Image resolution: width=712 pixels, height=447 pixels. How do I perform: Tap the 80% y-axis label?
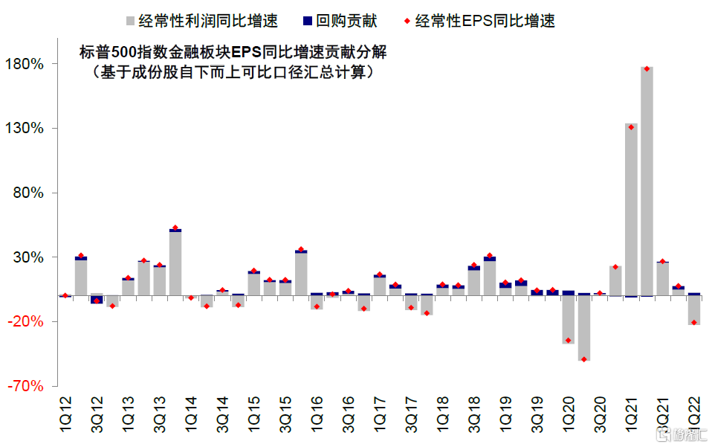coord(32,193)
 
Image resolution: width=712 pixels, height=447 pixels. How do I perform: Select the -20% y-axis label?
coord(30,322)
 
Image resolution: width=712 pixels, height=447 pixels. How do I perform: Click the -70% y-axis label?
coord(30,387)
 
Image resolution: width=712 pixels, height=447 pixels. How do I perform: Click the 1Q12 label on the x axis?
coord(65,414)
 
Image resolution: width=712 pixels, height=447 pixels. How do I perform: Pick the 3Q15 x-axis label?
coord(285,414)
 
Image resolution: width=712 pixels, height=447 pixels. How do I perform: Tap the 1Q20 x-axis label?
coord(569,414)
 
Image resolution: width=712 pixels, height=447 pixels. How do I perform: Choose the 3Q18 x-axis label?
coord(474,414)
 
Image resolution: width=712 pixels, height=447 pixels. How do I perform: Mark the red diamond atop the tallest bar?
coord(647,69)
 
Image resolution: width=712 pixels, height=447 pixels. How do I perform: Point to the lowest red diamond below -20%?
coord(584,359)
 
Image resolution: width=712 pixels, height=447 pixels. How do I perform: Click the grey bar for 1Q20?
coord(569,320)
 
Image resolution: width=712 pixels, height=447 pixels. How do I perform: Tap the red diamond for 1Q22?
coord(694,322)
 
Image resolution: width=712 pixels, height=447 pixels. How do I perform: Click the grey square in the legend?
coord(131,21)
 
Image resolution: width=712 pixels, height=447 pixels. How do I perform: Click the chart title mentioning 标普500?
coord(233,53)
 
